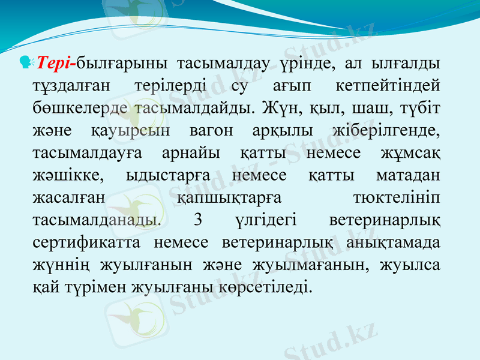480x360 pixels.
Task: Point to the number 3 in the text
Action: click(x=199, y=220)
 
